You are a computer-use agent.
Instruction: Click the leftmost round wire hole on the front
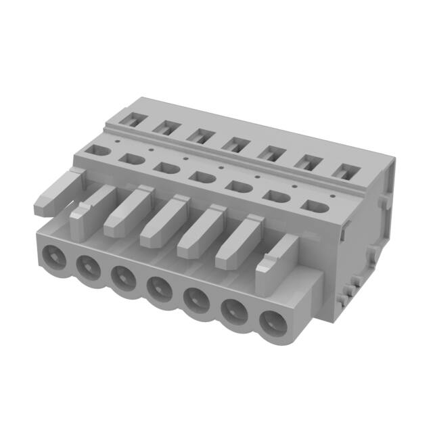53,256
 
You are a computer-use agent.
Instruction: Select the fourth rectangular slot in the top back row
236,143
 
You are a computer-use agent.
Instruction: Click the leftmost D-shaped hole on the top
96,150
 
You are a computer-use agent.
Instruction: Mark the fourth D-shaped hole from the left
201,177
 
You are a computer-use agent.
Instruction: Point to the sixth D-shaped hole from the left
274,196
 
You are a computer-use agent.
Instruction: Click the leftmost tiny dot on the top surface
116,141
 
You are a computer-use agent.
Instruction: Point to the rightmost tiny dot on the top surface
295,185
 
